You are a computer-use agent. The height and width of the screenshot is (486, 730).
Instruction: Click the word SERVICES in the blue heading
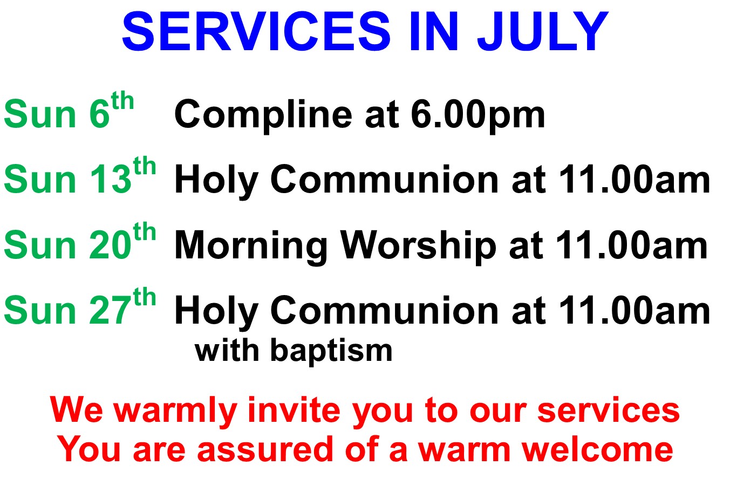tap(256, 31)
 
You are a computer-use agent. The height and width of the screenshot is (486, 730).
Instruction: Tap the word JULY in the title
tap(543, 31)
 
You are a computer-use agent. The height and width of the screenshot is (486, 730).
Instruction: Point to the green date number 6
tap(99, 114)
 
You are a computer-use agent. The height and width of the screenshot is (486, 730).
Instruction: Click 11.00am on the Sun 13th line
tap(635, 179)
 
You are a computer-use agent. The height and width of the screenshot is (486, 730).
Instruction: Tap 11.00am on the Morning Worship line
tap(632, 245)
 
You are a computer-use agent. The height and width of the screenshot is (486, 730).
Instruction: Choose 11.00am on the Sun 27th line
tap(635, 310)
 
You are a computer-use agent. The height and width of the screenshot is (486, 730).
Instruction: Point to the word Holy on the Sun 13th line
tap(217, 181)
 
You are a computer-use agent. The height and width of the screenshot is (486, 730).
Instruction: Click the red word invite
tap(294, 410)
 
